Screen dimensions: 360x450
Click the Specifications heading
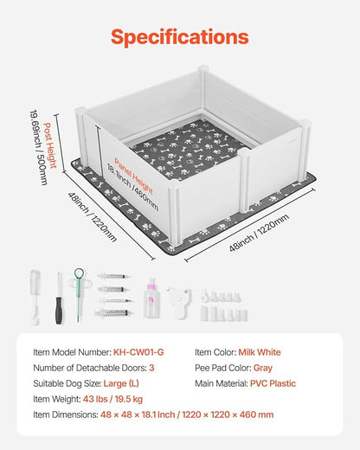click(x=180, y=37)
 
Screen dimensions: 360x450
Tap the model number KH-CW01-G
click(x=138, y=352)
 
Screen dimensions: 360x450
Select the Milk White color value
click(x=260, y=352)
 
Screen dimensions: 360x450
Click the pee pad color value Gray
click(x=263, y=368)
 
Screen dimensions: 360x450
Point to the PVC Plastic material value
click(x=273, y=383)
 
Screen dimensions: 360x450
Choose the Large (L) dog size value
click(x=121, y=383)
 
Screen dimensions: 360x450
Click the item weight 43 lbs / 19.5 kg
click(x=112, y=399)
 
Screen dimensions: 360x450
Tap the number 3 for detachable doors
click(x=151, y=368)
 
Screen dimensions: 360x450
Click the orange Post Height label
click(x=50, y=145)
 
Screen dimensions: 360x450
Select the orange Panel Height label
click(x=133, y=177)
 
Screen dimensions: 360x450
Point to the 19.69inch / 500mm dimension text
click(x=39, y=147)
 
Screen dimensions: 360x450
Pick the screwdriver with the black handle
click(x=60, y=298)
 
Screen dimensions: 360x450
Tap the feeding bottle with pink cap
click(x=151, y=299)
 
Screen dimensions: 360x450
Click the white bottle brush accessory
click(x=35, y=297)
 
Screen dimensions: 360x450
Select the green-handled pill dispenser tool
click(x=79, y=294)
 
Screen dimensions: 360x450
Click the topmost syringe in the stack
click(x=113, y=276)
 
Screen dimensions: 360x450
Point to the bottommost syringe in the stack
click(x=114, y=312)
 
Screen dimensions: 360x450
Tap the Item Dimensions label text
click(x=66, y=415)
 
